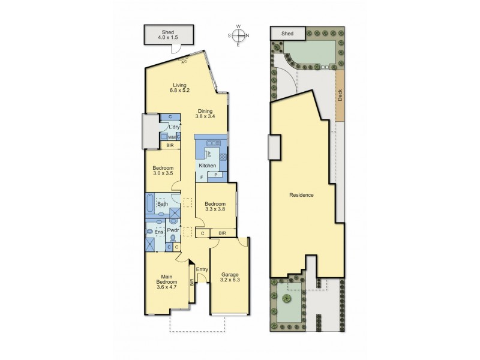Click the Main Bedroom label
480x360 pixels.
point(166,281)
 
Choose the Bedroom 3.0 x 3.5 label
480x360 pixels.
point(163,170)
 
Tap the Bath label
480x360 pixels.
point(162,204)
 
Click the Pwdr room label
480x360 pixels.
point(173,230)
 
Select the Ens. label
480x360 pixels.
point(159,231)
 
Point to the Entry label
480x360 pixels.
point(202,269)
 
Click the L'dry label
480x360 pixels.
point(174,127)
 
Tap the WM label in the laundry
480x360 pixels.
point(171,137)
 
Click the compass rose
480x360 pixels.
point(238,35)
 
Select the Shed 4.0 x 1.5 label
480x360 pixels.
point(169,35)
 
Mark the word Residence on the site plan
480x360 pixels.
point(302,195)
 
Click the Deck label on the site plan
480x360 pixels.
point(340,96)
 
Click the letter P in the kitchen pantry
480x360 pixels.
point(217,175)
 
